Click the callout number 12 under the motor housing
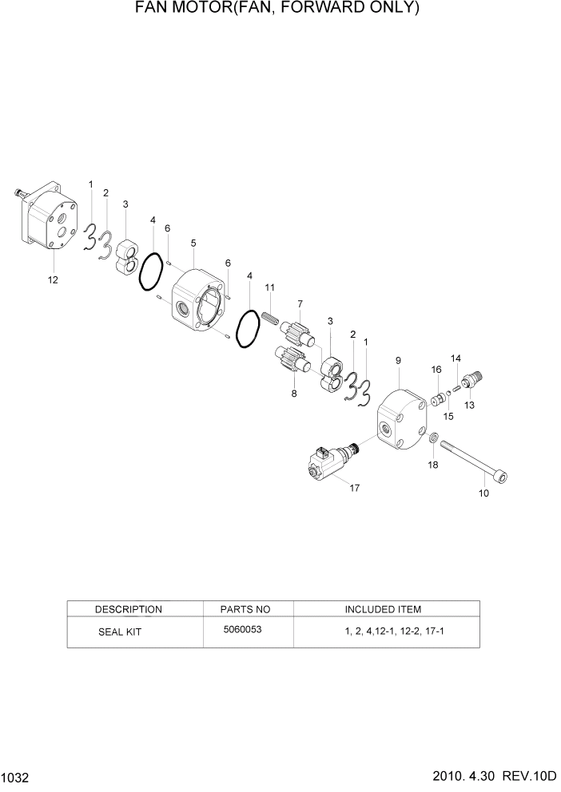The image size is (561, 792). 53,279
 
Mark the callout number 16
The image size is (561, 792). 436,369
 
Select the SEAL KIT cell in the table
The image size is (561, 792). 121,630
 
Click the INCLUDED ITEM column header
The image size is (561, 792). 383,609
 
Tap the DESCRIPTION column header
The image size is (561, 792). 128,609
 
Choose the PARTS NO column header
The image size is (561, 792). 245,609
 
